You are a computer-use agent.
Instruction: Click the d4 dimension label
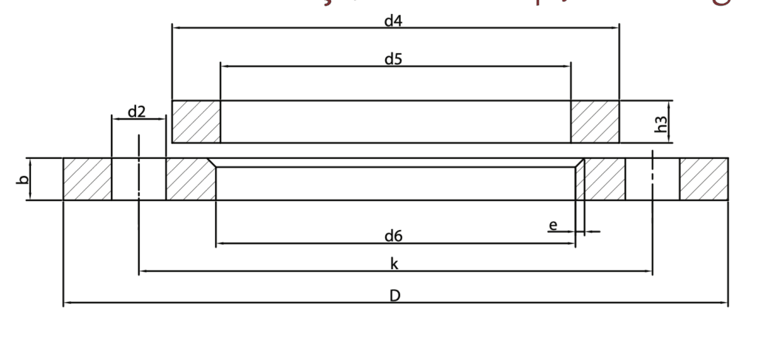click(393, 21)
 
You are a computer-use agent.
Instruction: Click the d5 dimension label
click(393, 59)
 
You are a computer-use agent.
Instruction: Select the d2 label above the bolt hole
click(137, 112)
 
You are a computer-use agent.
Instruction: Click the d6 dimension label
click(393, 237)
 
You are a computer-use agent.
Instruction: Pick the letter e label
click(552, 225)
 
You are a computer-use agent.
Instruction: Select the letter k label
click(394, 265)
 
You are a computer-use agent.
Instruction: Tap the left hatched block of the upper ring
click(196, 121)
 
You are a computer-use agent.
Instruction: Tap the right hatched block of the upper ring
click(594, 121)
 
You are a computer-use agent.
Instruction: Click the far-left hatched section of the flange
click(86, 179)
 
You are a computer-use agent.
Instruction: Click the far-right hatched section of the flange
click(704, 179)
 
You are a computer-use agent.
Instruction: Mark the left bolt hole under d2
click(139, 179)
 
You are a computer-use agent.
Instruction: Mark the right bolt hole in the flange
click(653, 179)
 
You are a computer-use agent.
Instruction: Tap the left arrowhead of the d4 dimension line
click(176, 28)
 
